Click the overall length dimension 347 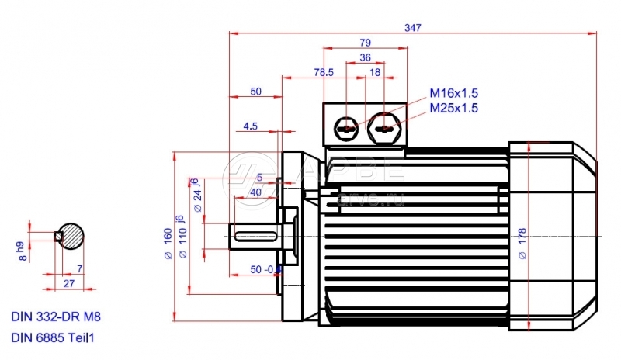[x=412, y=28]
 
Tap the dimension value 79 [x=366, y=42]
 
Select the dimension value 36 [x=366, y=57]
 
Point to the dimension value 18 [x=376, y=72]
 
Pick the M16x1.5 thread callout [x=454, y=93]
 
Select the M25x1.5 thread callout [x=454, y=108]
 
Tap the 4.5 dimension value [x=251, y=125]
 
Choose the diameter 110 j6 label [x=183, y=233]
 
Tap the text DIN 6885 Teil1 [x=56, y=338]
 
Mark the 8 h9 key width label [x=23, y=250]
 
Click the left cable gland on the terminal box [x=345, y=127]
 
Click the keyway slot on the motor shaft [x=257, y=235]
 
